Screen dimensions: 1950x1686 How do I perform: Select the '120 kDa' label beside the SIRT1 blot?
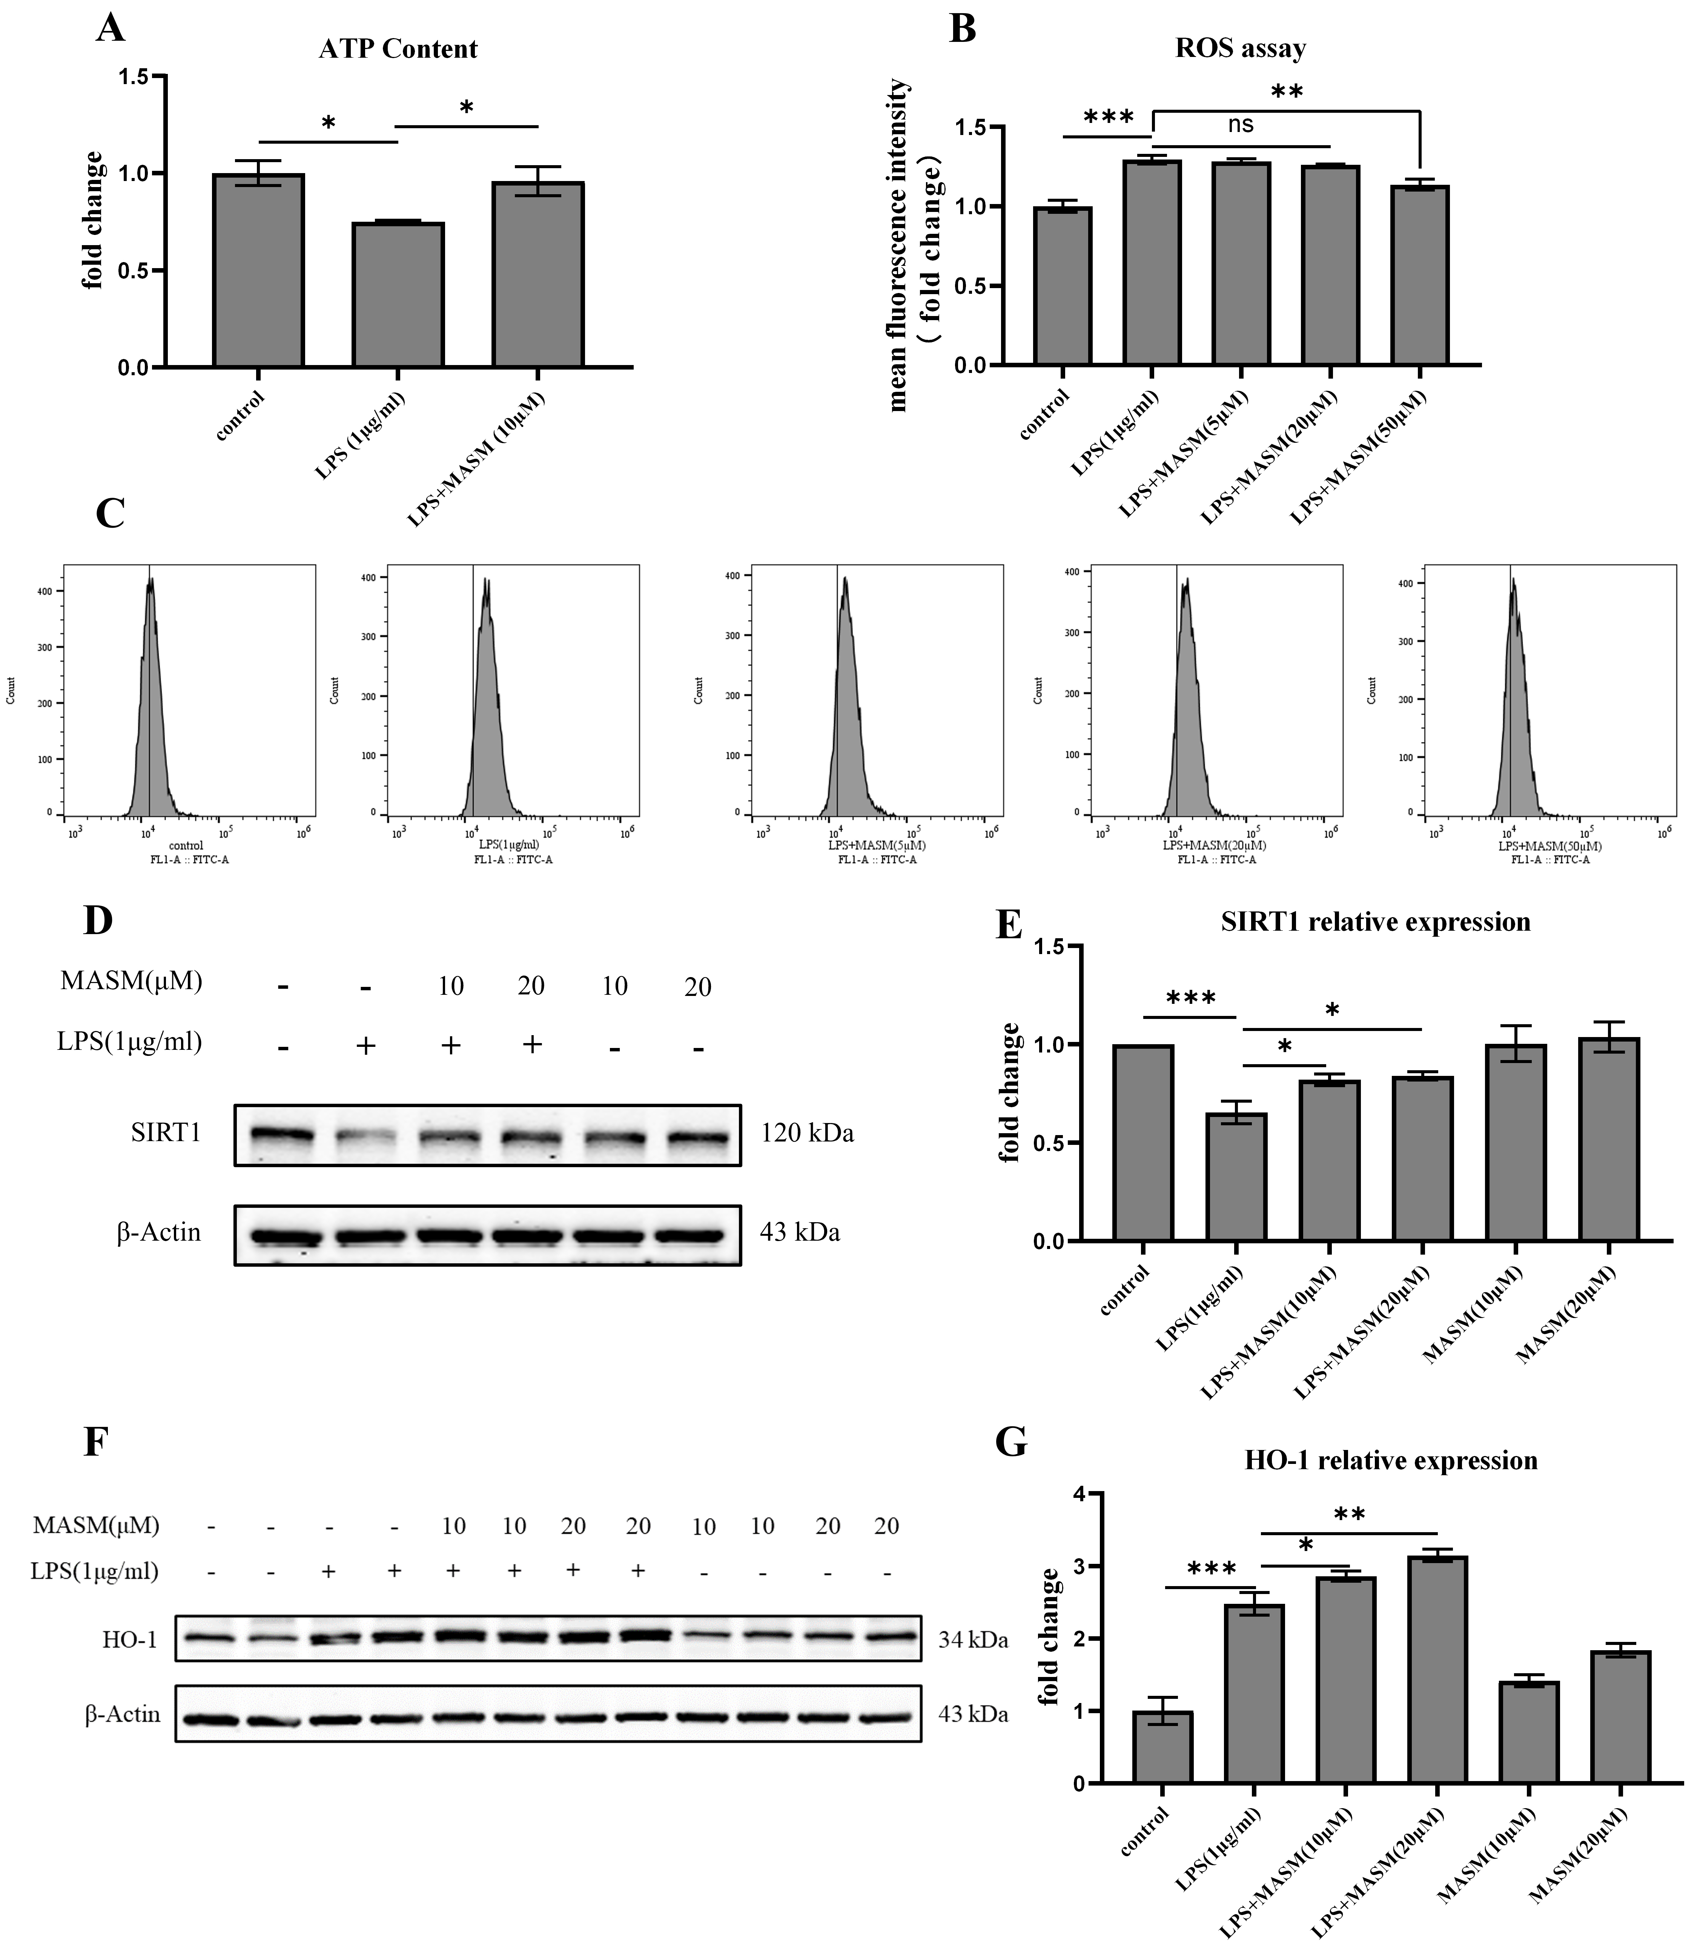(807, 1133)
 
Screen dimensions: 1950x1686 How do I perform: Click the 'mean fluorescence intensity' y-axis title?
(899, 245)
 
